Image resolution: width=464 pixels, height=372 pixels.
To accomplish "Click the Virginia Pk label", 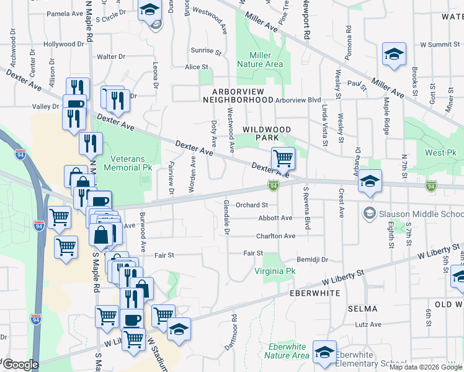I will (275, 272).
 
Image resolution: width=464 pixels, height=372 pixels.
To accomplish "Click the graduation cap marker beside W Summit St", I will (394, 54).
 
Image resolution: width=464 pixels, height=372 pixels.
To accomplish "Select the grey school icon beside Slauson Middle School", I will (370, 213).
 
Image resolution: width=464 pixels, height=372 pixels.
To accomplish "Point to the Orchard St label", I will (251, 205).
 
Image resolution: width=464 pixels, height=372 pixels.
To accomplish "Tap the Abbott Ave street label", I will (275, 218).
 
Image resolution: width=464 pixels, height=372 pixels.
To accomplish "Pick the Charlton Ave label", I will (276, 236).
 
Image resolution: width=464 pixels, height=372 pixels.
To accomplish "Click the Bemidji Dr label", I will (311, 260).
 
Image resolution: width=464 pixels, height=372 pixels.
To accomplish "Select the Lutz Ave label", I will (368, 324).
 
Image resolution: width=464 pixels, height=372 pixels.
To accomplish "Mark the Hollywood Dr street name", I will (63, 44).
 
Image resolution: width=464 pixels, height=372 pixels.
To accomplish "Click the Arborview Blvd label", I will (298, 99).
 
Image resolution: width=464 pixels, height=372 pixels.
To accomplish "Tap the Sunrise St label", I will (206, 51).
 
